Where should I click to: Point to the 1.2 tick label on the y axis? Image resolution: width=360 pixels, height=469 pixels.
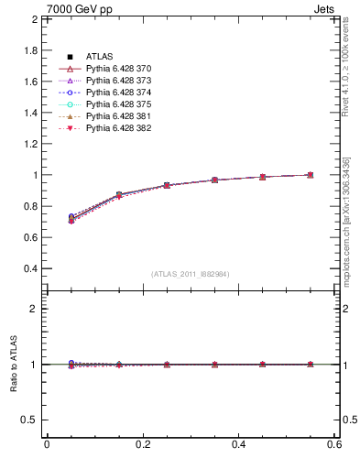(x=30, y=144)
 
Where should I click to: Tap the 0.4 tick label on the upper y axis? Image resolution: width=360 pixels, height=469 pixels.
(x=30, y=269)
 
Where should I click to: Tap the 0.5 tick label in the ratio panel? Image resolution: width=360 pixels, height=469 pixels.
(x=30, y=420)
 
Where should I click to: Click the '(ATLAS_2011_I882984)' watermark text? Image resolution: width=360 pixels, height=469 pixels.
(x=191, y=274)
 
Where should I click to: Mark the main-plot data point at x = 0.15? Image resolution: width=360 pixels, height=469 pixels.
(x=119, y=195)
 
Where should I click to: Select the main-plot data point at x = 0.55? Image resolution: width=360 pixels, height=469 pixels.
(x=311, y=174)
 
